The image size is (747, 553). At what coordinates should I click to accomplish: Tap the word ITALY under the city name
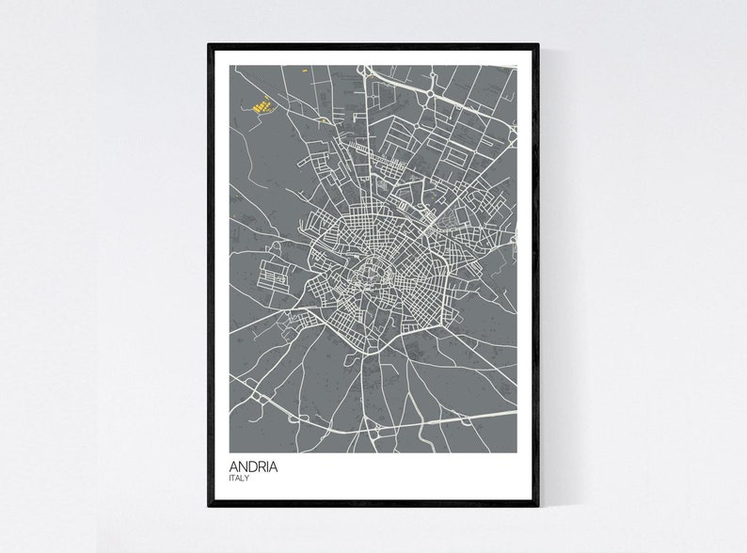pos(239,479)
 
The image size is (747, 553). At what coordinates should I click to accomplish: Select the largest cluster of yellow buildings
pos(262,103)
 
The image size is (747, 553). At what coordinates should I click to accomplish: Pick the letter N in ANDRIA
pos(241,466)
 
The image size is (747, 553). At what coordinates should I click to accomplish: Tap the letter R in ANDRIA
pos(260,466)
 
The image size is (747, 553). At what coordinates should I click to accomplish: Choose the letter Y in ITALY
pos(248,479)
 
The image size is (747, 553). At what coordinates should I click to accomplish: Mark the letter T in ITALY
pos(234,479)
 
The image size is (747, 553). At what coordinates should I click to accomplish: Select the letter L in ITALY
pos(244,479)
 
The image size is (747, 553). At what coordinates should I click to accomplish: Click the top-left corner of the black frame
pos(209,44)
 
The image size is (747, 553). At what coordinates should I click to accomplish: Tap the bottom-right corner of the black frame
pos(538,506)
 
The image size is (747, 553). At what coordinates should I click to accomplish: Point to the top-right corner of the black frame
pos(538,44)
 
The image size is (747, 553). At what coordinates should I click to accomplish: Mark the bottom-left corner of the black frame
pos(209,506)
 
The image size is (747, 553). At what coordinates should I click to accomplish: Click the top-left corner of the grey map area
pos(230,66)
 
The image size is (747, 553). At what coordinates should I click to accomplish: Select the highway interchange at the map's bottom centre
pos(376,432)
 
